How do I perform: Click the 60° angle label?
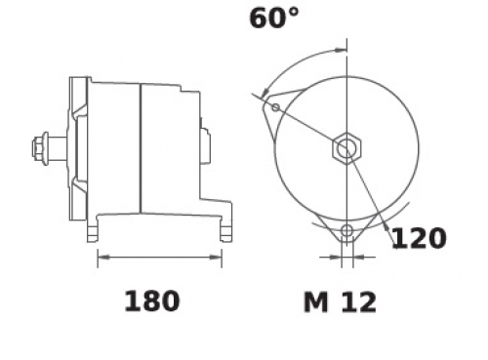(274, 19)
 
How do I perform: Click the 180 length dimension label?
(152, 301)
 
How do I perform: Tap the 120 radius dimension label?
(420, 238)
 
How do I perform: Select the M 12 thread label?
(340, 302)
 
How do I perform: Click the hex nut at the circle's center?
(346, 148)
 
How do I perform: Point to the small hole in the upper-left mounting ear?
(275, 107)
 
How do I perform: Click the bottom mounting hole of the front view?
(347, 231)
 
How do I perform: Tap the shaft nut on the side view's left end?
(39, 148)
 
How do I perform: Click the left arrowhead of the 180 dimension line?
(104, 258)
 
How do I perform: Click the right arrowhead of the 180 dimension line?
(216, 258)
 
